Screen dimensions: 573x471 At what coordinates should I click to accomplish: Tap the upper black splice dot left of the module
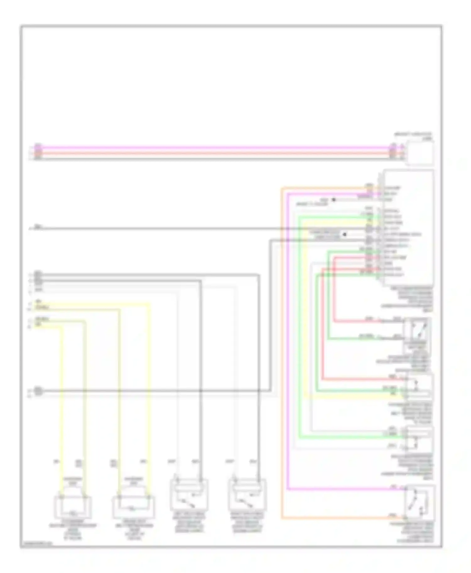click(334, 200)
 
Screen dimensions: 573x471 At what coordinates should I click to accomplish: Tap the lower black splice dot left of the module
click(345, 234)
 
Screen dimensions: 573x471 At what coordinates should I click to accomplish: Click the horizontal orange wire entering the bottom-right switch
click(339, 518)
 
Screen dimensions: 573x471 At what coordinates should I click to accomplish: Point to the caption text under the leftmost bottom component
click(73, 531)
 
